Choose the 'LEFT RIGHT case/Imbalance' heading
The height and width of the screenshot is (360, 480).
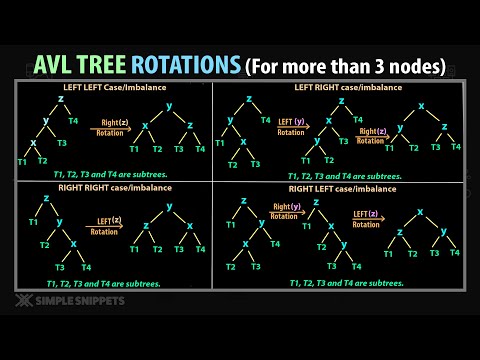(x=339, y=87)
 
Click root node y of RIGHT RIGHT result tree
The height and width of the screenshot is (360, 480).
(x=169, y=206)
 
